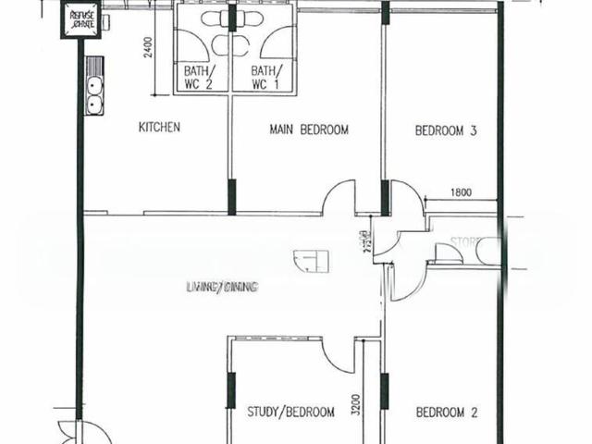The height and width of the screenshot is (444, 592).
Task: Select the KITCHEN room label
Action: click(158, 127)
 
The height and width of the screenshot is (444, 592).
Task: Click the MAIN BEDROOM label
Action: click(309, 130)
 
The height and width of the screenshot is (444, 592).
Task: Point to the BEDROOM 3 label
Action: click(445, 131)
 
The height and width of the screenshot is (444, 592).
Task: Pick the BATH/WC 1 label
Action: click(264, 78)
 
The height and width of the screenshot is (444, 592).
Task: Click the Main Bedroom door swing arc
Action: click(338, 197)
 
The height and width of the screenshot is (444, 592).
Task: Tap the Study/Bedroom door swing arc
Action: click(336, 357)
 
